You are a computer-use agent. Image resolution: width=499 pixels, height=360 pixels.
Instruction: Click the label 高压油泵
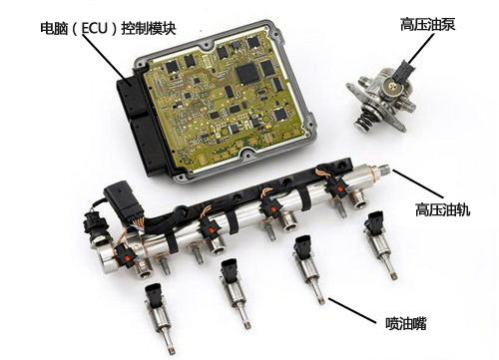[427, 25]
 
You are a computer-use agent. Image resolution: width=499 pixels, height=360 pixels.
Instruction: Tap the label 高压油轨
[442, 209]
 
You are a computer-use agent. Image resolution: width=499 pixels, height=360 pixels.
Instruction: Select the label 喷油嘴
[406, 323]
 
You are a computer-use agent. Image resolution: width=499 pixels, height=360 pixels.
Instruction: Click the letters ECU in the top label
[95, 28]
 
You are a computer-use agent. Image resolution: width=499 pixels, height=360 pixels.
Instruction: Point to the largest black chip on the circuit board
[248, 74]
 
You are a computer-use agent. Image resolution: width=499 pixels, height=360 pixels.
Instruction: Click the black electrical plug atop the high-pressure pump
[403, 73]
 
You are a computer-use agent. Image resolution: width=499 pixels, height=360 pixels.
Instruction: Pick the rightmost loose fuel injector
[380, 242]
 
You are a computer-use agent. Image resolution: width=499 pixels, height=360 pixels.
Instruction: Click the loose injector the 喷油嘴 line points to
[308, 267]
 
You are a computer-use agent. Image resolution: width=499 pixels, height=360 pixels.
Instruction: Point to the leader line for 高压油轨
[418, 184]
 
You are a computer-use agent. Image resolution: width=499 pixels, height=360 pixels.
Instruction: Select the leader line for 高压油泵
[420, 49]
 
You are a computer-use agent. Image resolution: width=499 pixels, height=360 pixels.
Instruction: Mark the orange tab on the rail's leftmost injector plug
[126, 257]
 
